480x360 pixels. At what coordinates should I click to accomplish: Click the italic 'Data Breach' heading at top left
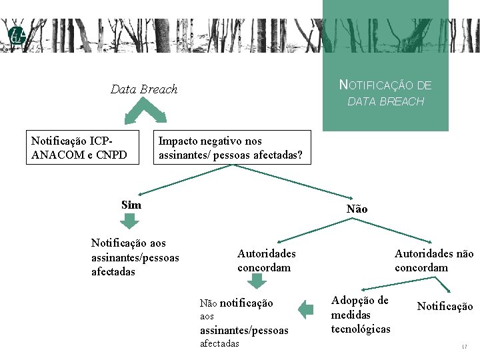point(144,89)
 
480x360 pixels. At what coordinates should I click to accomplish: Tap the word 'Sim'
point(131,205)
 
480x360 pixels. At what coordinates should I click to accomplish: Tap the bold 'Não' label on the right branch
point(357,209)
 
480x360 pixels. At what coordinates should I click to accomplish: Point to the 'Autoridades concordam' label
point(266,260)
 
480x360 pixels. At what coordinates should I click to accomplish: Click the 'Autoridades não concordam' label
point(434,260)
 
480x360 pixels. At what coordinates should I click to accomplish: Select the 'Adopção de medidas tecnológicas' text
point(361,314)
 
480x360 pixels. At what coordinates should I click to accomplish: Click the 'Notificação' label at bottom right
point(445,306)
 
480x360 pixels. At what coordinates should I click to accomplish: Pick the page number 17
point(464,347)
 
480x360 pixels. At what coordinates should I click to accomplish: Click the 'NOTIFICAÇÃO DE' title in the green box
point(385,85)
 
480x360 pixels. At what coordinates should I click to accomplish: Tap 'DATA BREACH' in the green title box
point(385,101)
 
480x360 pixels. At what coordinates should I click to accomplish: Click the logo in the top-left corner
point(16,37)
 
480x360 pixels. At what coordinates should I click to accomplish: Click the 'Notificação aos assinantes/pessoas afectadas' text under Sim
point(135,257)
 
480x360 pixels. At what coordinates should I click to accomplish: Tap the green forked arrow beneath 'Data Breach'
point(146,110)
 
